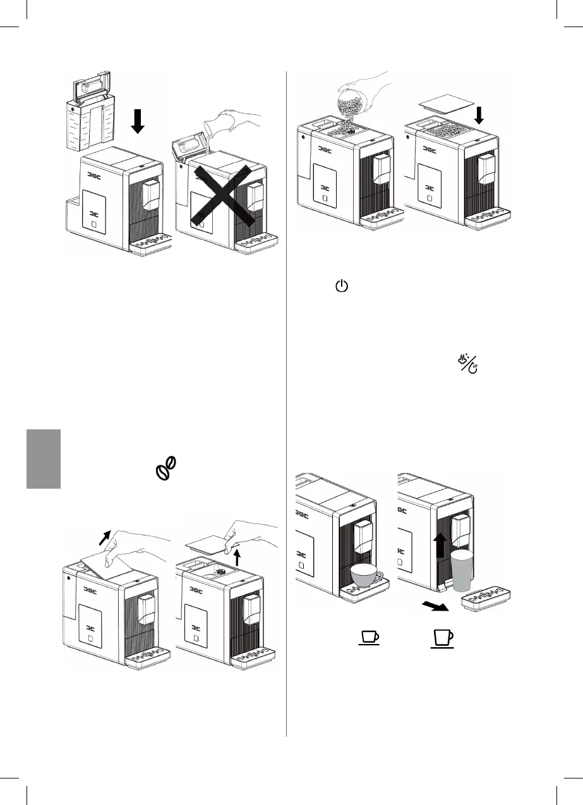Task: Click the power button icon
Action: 341,287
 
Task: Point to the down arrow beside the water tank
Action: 137,120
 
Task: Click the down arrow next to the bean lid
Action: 479,116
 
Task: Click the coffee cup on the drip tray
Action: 366,575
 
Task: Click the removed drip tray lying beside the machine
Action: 486,599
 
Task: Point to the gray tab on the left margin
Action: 44,459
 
